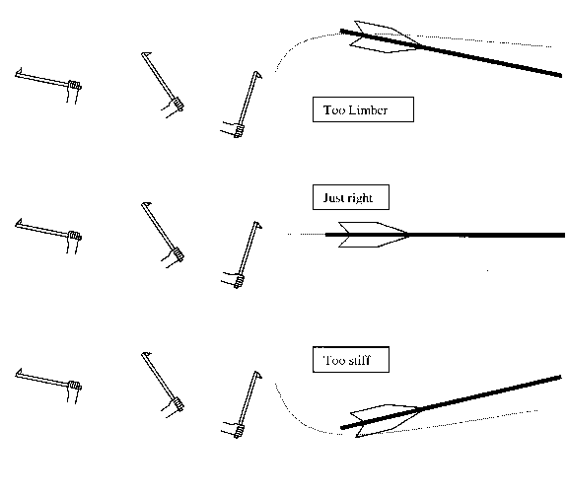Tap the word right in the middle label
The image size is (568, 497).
[360, 198]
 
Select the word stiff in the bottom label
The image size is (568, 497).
[358, 360]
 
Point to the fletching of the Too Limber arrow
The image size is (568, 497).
[384, 36]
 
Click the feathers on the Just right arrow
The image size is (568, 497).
[373, 235]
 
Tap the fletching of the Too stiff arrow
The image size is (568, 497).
[384, 421]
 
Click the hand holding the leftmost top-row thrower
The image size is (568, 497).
[74, 92]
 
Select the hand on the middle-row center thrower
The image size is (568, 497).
[173, 256]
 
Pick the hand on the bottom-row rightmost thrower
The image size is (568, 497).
[233, 430]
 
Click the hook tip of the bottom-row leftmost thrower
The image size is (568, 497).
[21, 372]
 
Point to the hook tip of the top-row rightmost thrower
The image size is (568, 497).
[258, 74]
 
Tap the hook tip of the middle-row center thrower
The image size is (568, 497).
[146, 204]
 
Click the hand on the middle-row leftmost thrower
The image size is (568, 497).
[74, 242]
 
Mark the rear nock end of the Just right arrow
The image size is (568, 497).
[326, 235]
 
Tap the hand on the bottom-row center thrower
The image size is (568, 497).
[173, 407]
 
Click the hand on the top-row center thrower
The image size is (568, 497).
[173, 107]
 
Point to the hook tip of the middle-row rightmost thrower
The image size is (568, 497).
[258, 224]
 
